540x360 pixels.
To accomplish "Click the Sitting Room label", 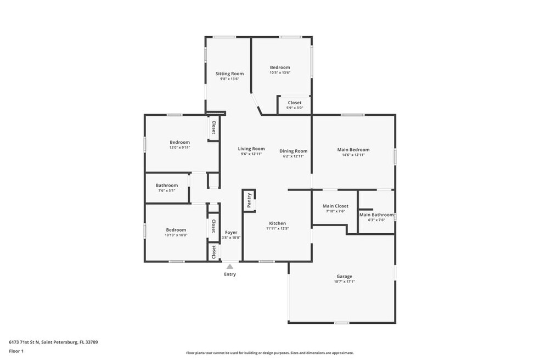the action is [x=230, y=74].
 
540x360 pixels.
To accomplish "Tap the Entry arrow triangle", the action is [x=230, y=267].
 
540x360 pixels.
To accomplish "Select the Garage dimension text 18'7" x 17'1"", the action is [x=345, y=282].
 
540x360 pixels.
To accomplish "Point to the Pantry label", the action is [x=249, y=200].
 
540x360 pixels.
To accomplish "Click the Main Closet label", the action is [x=335, y=206].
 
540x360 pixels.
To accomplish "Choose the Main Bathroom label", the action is [x=376, y=215].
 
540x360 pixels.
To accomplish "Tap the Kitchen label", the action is [x=278, y=223].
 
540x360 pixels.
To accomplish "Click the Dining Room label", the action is [x=294, y=151].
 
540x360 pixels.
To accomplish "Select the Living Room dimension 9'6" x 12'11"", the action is [x=251, y=154].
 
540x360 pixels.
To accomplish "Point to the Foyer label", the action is [x=231, y=233].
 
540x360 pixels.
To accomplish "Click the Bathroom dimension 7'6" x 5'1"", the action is [x=167, y=190].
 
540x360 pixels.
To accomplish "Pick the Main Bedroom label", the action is [x=353, y=149].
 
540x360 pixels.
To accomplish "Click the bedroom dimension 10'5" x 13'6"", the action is [x=280, y=72].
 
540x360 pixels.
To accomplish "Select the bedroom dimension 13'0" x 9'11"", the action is [x=180, y=148].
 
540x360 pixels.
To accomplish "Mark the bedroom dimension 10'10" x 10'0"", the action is [x=176, y=235].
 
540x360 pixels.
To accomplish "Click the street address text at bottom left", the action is [x=53, y=342].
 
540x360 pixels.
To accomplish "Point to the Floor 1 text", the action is [x=16, y=351].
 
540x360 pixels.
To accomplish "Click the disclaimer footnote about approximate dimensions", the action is [x=270, y=353].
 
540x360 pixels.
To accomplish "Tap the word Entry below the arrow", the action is [x=230, y=274].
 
